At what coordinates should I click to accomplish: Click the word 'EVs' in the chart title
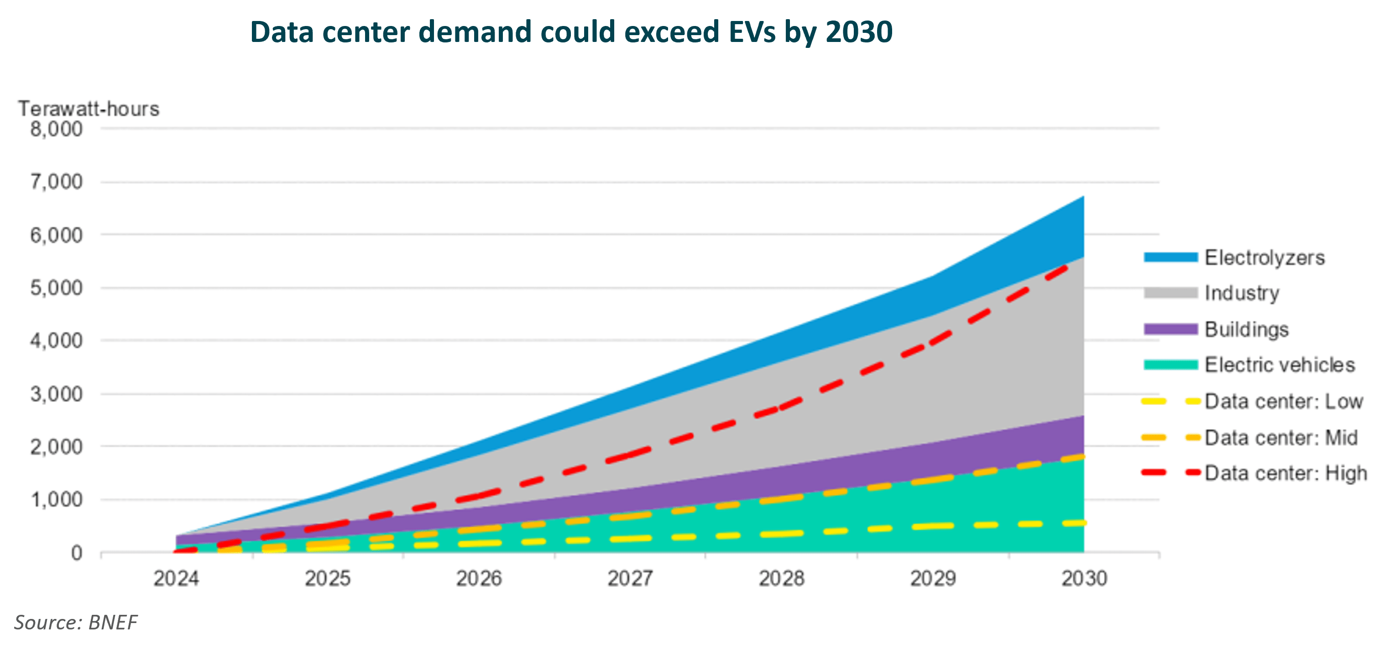click(752, 32)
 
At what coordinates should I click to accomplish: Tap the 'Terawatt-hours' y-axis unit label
click(89, 109)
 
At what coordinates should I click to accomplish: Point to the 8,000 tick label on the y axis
click(56, 129)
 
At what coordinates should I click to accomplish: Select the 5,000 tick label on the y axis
click(56, 288)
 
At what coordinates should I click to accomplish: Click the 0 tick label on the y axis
click(77, 553)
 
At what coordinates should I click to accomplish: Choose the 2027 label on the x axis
click(630, 579)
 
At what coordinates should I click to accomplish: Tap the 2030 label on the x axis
click(1084, 579)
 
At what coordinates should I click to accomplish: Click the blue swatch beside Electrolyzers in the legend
click(1170, 257)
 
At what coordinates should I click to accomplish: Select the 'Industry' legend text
click(1242, 293)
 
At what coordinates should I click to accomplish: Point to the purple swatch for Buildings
click(1170, 329)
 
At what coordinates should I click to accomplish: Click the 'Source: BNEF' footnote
click(76, 623)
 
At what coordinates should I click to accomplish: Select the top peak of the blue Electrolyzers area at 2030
click(1082, 197)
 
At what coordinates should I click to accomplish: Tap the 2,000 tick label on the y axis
click(56, 447)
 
